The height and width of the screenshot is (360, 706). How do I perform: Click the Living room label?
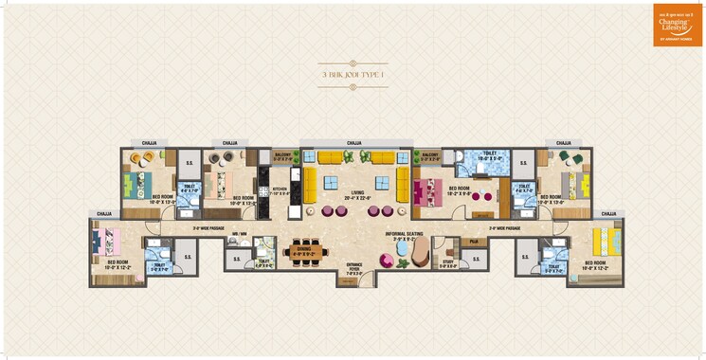357,196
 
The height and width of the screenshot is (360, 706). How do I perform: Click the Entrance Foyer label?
354,268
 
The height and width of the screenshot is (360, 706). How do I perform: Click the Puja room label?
474,243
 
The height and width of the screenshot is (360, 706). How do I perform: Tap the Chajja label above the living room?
354,142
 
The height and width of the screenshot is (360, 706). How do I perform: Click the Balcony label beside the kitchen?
282,156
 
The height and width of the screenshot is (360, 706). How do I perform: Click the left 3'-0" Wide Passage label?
208,227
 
